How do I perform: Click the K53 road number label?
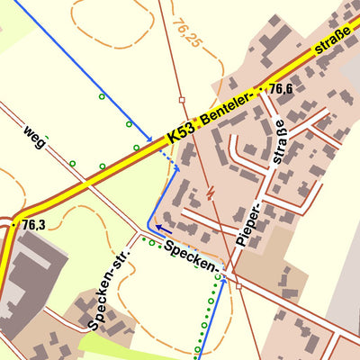180,135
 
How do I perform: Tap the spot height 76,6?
281,88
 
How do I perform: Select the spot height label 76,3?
34,224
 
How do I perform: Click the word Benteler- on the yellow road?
230,106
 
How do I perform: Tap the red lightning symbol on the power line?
210,192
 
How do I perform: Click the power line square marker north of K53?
181,99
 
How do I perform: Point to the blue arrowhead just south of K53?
175,167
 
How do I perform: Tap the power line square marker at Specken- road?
238,286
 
